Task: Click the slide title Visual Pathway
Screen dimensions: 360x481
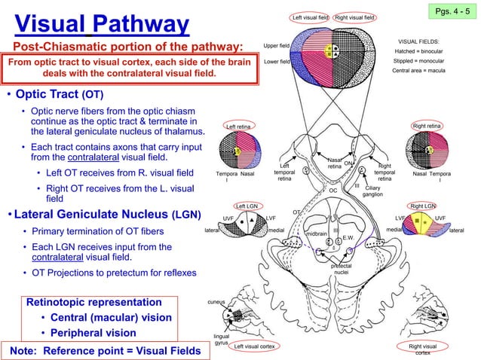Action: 102,25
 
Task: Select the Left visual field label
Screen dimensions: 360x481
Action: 311,17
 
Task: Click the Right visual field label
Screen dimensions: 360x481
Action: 356,17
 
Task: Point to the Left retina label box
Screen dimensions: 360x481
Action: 240,127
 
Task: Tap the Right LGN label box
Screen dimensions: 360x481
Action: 423,206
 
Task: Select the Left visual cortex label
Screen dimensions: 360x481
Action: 254,346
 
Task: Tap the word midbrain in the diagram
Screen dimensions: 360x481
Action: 320,234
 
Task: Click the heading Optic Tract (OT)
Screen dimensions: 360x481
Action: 60,96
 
